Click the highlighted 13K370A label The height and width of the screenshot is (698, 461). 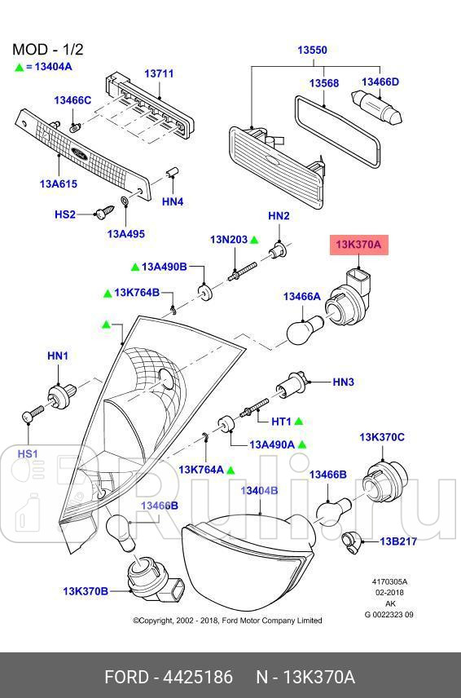(x=354, y=244)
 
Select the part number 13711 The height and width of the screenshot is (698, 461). (x=159, y=74)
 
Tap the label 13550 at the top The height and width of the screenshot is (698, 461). (x=311, y=51)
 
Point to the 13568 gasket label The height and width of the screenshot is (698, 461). (x=323, y=83)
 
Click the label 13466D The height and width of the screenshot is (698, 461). (x=380, y=82)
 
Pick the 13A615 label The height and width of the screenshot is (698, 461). (x=58, y=183)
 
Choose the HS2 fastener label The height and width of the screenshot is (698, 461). (x=65, y=214)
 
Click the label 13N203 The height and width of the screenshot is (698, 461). (x=228, y=240)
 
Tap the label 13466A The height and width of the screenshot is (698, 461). (x=301, y=298)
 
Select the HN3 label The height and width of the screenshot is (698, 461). (x=344, y=382)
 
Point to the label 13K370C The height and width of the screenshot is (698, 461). (x=382, y=438)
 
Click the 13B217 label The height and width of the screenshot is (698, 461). (x=398, y=541)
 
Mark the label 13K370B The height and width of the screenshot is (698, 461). (x=86, y=590)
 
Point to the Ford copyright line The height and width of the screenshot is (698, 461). (x=227, y=620)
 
